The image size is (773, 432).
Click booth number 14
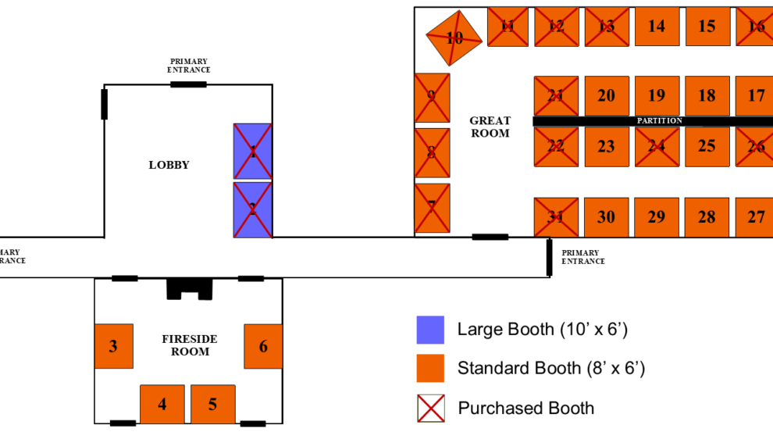click(657, 27)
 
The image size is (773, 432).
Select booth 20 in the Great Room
click(606, 95)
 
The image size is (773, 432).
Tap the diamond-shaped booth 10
click(454, 37)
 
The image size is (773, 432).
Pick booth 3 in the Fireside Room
click(113, 345)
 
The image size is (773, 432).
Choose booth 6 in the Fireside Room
click(263, 345)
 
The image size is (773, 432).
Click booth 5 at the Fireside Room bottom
click(212, 404)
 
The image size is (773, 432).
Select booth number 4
click(162, 404)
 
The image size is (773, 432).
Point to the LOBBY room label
click(169, 165)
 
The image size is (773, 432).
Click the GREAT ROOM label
click(490, 127)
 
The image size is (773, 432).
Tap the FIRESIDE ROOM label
click(190, 345)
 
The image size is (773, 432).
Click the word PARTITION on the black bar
click(659, 121)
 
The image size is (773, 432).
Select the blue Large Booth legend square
click(430, 330)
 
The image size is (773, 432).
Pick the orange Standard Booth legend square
click(430, 368)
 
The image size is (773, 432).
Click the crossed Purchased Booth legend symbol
click(430, 408)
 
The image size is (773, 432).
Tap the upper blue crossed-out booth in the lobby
click(253, 151)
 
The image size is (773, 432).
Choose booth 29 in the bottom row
click(656, 217)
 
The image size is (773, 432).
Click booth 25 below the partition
click(707, 146)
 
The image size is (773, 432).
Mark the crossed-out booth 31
click(555, 217)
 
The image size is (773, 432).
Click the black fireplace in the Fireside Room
click(189, 288)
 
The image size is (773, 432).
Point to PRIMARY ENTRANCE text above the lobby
click(189, 66)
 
